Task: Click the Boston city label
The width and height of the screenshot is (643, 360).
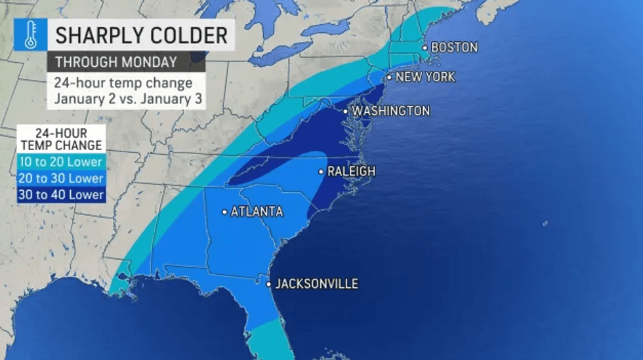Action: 454,47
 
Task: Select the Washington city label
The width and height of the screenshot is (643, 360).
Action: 391,111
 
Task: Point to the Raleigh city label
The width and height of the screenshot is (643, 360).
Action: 351,171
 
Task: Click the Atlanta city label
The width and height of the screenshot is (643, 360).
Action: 257,212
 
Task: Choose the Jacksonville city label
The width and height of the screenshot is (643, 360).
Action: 317,284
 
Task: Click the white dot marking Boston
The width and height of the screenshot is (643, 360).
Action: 425,47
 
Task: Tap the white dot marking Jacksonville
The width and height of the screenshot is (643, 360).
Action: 269,285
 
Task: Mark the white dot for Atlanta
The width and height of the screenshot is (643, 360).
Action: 224,212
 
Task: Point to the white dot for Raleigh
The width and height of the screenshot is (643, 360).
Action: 321,172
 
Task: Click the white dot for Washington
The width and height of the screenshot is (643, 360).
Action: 346,111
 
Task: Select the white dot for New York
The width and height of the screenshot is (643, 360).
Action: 388,77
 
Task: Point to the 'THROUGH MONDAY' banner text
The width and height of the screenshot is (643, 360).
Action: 115,63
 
